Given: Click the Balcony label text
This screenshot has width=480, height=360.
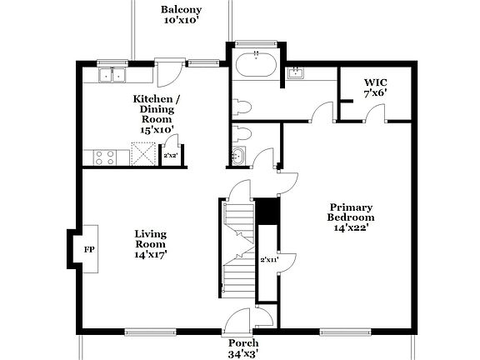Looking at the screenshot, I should [x=181, y=9].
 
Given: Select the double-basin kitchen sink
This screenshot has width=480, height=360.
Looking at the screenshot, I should [x=112, y=75].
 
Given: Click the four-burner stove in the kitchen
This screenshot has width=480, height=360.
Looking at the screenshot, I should [x=105, y=156].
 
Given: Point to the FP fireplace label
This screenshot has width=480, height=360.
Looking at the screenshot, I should [x=89, y=249].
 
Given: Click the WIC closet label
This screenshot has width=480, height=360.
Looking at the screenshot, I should [x=375, y=82].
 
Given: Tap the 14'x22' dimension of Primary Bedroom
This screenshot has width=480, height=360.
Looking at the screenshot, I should [x=350, y=227].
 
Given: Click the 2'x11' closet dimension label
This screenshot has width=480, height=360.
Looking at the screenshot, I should [x=267, y=259].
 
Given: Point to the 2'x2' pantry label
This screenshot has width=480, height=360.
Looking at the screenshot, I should [x=170, y=155].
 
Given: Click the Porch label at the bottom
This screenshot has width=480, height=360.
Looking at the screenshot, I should [x=244, y=342].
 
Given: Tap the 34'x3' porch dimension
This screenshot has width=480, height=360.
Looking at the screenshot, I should [x=244, y=353].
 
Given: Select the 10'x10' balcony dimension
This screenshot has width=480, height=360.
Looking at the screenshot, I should [x=181, y=21].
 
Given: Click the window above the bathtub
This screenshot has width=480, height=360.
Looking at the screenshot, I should [x=257, y=43].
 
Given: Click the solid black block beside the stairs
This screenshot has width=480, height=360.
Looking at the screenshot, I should [x=267, y=211].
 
